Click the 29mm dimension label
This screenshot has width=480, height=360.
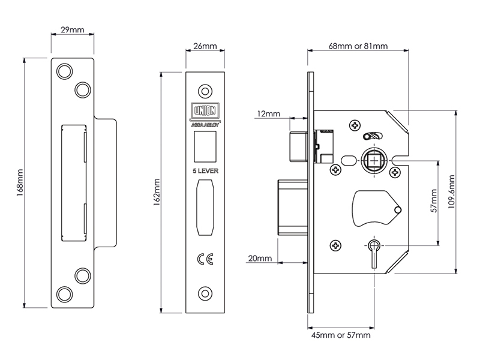[x=72, y=29]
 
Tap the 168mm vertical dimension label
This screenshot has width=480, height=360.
[x=20, y=183]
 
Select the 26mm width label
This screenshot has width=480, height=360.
[x=205, y=46]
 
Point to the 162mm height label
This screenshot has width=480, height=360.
[x=157, y=192]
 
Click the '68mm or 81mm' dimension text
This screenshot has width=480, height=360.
[x=358, y=46]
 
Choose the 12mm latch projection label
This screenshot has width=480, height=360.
[x=268, y=114]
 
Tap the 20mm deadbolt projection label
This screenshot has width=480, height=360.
[x=260, y=259]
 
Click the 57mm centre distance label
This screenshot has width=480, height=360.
[x=434, y=200]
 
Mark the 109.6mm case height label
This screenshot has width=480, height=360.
[x=451, y=191]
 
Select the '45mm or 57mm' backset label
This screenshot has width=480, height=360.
[x=341, y=335]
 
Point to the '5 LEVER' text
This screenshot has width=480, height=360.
[x=205, y=171]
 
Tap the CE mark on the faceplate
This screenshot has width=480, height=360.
[x=205, y=259]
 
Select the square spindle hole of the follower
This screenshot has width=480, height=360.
[x=374, y=160]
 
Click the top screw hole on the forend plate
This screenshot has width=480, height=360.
[x=205, y=91]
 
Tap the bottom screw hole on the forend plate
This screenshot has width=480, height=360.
[x=205, y=294]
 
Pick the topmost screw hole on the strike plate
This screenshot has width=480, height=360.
[x=65, y=71]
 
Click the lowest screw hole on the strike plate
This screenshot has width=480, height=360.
[x=65, y=295]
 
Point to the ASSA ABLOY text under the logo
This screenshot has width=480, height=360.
[x=205, y=125]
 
